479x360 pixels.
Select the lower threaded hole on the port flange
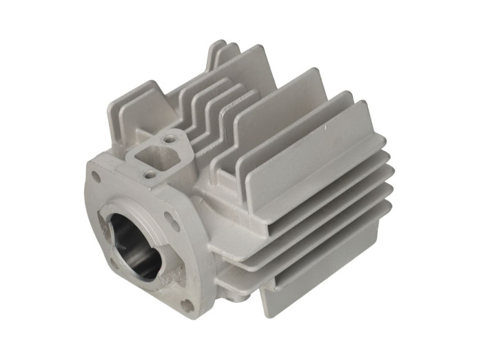[147, 175]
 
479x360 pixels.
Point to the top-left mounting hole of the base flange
[96, 177]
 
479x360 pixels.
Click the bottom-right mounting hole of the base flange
[185, 304]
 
